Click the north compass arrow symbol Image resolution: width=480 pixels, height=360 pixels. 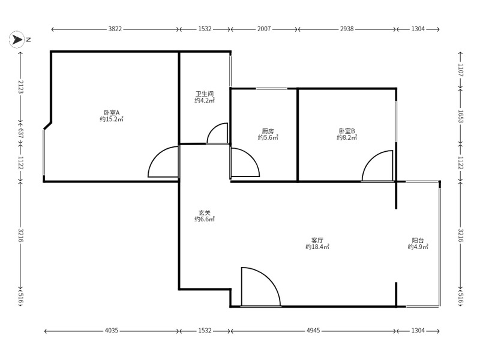pyautogui.click(x=17, y=40)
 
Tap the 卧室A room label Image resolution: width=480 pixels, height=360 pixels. pyautogui.click(x=112, y=113)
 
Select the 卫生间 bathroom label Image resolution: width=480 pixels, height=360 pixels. pyautogui.click(x=205, y=94)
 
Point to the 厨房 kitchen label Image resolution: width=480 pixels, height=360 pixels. pyautogui.click(x=268, y=131)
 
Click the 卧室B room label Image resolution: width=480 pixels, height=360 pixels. pyautogui.click(x=347, y=131)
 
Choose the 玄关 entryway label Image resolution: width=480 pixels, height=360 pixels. pyautogui.click(x=205, y=212)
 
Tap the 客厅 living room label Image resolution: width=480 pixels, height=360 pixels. pyautogui.click(x=317, y=241)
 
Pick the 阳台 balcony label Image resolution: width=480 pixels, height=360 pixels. pyautogui.click(x=418, y=241)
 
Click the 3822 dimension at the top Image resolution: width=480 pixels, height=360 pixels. pyautogui.click(x=115, y=29)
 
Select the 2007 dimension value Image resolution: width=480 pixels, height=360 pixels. pyautogui.click(x=264, y=29)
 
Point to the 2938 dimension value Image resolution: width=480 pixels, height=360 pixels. pyautogui.click(x=347, y=29)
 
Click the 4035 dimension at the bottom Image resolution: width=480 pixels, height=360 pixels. pyautogui.click(x=112, y=331)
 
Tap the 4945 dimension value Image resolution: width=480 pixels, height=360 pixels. pyautogui.click(x=313, y=331)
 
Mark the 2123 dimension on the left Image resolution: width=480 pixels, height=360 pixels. pyautogui.click(x=20, y=86)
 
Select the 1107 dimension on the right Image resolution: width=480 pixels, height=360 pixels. pyautogui.click(x=461, y=70)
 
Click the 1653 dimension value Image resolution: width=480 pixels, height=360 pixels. pyautogui.click(x=461, y=116)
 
